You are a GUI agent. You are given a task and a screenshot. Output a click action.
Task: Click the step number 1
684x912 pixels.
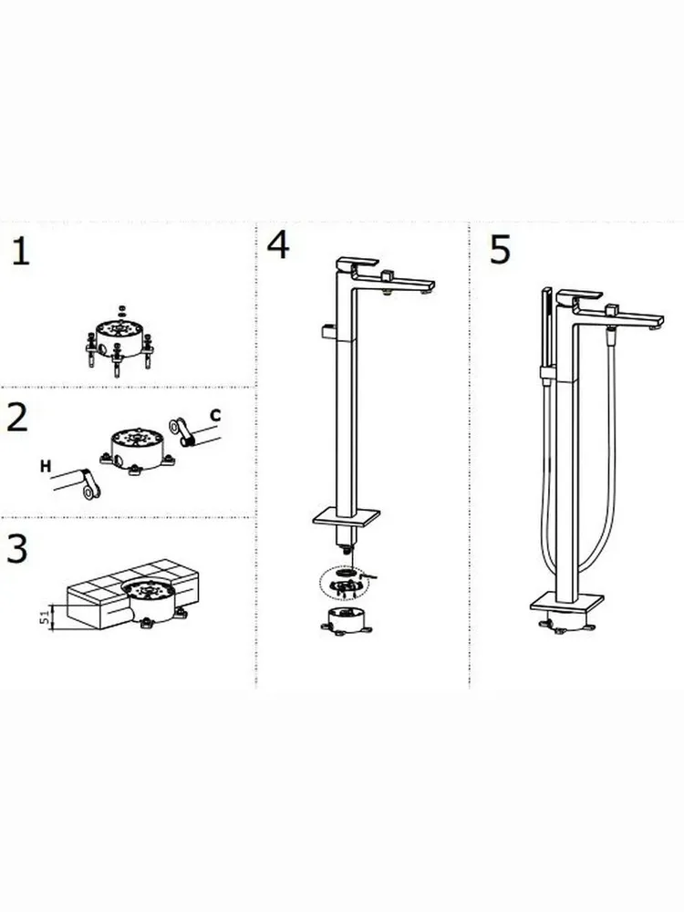pos(21,252)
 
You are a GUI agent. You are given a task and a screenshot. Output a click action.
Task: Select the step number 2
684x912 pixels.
pos(16,417)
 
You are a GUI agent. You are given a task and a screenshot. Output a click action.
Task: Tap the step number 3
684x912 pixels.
pos(16,548)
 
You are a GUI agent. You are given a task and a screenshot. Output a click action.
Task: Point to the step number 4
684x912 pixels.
pos(278,244)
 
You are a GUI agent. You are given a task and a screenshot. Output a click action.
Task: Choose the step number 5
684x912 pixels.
pos(500,250)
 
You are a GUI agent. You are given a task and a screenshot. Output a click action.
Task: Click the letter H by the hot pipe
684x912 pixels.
pos(46,466)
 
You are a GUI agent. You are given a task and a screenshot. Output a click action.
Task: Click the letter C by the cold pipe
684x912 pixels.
pos(215,415)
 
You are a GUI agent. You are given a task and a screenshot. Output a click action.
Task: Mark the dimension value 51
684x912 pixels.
pos(44,617)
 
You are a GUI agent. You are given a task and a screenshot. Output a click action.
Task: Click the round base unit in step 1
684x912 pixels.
pos(119,340)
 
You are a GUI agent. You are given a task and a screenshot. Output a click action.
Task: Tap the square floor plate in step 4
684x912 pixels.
pos(346,516)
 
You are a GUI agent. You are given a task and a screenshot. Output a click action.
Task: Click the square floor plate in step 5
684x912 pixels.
pos(567,603)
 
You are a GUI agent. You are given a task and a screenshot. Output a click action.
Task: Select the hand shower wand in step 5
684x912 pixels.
pos(546,335)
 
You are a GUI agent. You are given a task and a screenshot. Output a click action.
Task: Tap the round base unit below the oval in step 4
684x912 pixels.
pos(346,620)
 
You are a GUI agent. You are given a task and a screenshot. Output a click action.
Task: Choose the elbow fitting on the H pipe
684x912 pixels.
pos(89,484)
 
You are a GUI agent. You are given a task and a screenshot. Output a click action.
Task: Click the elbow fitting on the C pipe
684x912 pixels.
pos(181,430)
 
